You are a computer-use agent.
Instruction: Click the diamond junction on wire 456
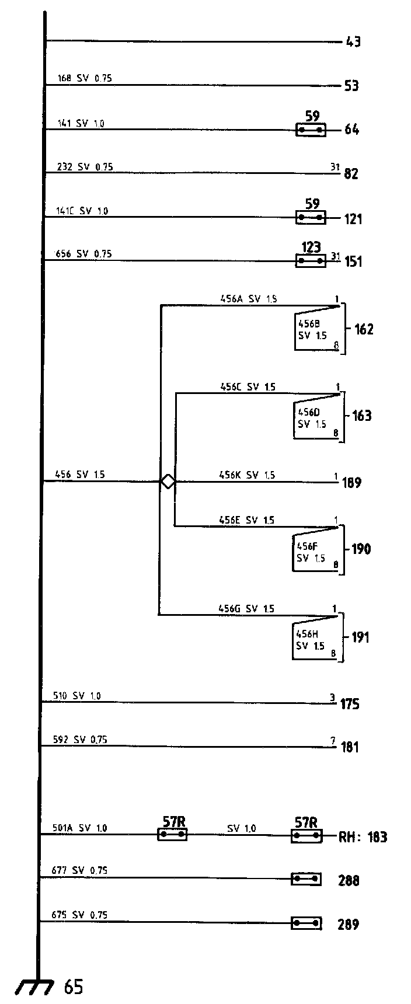[x=168, y=482]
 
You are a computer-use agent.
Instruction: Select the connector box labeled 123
[x=310, y=261]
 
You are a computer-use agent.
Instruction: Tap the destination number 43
[x=353, y=42]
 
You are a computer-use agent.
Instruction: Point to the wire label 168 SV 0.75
[x=84, y=78]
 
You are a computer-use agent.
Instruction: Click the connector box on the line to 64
[x=310, y=130]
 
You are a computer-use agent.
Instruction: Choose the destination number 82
[x=351, y=174]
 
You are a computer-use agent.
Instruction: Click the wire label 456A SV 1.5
[x=248, y=299]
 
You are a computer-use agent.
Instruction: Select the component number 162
[x=363, y=329]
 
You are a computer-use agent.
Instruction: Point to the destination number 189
[x=352, y=483]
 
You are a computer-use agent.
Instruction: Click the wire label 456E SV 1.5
[x=246, y=520]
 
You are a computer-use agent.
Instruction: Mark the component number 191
[x=360, y=637]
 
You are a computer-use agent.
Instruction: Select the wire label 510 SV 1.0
[x=76, y=696]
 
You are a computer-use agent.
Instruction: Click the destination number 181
[x=350, y=747]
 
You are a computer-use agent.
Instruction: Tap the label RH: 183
[x=363, y=837]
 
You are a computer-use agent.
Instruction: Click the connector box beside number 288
[x=306, y=878]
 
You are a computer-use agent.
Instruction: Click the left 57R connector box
[x=172, y=835]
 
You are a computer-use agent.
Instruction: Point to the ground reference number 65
[x=74, y=988]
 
